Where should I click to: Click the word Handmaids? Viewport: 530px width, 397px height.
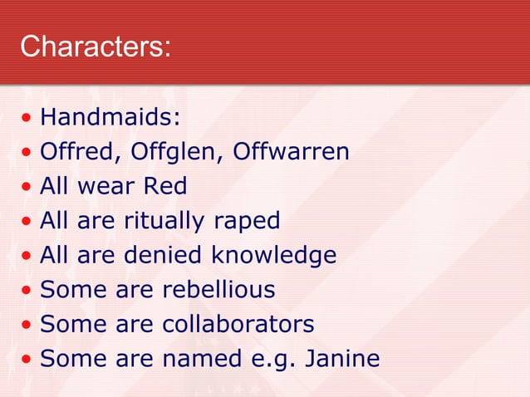point(110,118)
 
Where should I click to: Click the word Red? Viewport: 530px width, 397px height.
point(165,187)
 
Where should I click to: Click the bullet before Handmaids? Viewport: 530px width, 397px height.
point(27,119)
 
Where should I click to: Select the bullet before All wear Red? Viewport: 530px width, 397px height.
point(27,188)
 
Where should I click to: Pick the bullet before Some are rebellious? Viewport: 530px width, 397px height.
point(27,291)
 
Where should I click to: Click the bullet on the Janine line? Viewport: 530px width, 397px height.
point(27,360)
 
